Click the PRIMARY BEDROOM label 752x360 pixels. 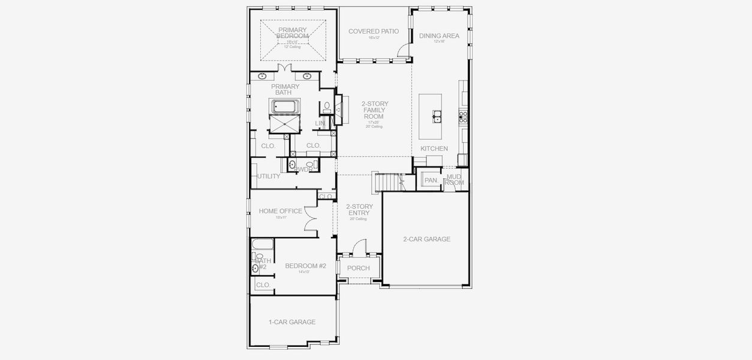292,33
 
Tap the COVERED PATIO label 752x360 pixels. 374,31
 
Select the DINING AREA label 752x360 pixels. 439,36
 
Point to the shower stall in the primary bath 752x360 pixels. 286,125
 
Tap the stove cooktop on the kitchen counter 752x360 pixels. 463,116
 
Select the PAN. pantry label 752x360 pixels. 431,180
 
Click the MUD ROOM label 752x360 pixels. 455,179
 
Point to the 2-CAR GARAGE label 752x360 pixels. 426,239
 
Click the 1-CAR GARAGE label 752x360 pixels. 291,322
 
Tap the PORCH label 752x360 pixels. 358,268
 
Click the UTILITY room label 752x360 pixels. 268,176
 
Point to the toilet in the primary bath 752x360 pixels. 327,108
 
